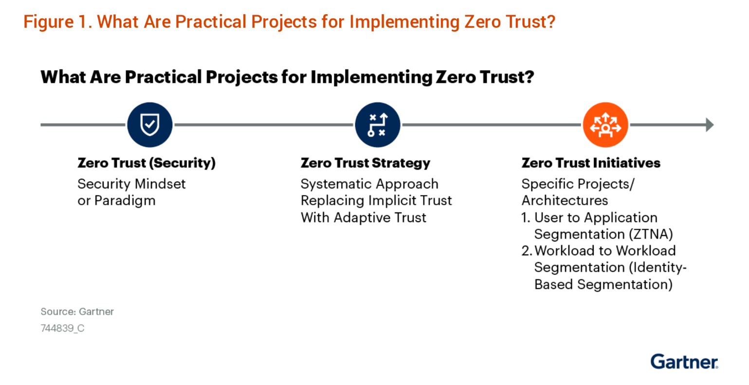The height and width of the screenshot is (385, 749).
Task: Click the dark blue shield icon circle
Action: tap(150, 124)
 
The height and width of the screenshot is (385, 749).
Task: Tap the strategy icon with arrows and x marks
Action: tap(378, 124)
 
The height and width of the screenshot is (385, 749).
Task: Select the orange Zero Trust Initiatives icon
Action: tap(605, 124)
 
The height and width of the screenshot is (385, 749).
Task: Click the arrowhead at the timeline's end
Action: tap(710, 124)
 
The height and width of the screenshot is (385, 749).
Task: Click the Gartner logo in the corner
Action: tap(684, 362)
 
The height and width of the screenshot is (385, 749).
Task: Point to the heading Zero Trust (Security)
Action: tap(146, 163)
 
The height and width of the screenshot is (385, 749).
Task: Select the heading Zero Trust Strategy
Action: tap(365, 163)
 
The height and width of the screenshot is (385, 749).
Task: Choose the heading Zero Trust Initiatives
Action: tap(591, 163)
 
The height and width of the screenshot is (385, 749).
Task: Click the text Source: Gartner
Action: tap(77, 312)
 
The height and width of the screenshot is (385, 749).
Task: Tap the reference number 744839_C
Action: tap(62, 328)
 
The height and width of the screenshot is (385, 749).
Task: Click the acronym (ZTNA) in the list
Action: tap(651, 234)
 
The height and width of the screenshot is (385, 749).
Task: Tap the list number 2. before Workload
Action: tap(527, 251)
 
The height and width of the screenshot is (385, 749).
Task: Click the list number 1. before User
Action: tap(526, 218)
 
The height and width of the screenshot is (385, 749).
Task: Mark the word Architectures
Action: tap(565, 201)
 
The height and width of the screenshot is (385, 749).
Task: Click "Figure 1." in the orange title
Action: tap(58, 22)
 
